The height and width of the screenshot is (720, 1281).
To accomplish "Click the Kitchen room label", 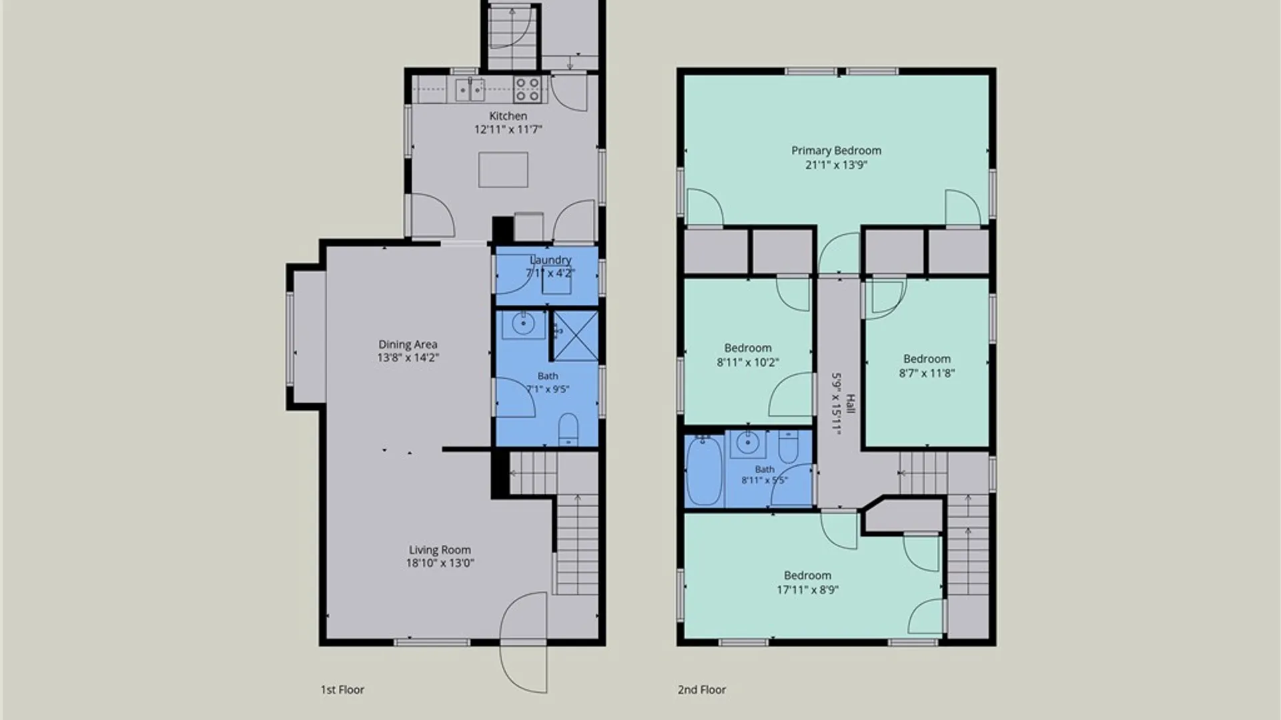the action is (x=508, y=116).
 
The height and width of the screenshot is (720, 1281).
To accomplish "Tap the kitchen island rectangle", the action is (x=503, y=169).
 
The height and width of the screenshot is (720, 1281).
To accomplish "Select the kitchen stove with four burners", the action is (x=526, y=89).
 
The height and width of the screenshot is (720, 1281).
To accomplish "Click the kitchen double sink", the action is (x=470, y=89).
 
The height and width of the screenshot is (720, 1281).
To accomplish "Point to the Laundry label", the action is (x=550, y=260).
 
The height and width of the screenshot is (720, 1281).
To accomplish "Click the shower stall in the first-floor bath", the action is (x=576, y=335).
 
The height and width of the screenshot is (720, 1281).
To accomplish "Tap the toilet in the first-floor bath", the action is (x=568, y=429).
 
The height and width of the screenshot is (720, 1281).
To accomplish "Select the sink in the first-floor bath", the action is (x=523, y=325).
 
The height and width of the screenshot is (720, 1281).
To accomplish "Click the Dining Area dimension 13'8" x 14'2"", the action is (x=408, y=357).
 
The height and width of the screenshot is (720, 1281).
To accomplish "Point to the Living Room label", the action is (x=440, y=550).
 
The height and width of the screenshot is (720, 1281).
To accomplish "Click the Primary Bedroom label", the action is (x=836, y=151).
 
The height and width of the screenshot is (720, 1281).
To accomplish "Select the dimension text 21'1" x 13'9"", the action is (x=836, y=165).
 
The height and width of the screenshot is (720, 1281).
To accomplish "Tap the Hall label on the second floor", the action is (x=850, y=403).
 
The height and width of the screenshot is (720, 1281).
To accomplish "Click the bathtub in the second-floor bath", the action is (x=704, y=470).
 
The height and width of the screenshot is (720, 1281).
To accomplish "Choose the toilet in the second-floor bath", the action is (x=788, y=447).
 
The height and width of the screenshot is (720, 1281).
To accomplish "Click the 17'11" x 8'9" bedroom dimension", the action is (x=807, y=589).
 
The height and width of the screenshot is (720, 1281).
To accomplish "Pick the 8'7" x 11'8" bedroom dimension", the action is (x=927, y=373).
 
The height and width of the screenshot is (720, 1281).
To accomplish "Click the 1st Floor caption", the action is (x=342, y=689).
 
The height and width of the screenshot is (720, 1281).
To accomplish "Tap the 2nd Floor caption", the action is (x=702, y=689).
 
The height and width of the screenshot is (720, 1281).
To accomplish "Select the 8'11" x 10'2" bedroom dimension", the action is (x=748, y=363).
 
